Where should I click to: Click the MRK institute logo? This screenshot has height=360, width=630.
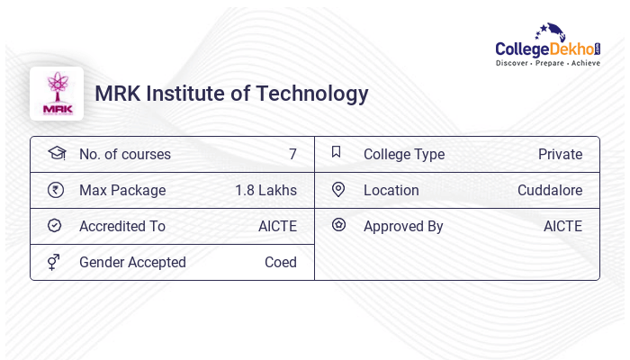pyautogui.click(x=56, y=94)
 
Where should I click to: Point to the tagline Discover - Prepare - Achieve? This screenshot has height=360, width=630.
pyautogui.click(x=547, y=64)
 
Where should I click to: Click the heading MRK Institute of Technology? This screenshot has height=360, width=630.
pyautogui.click(x=231, y=94)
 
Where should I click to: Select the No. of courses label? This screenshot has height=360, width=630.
pyautogui.click(x=124, y=154)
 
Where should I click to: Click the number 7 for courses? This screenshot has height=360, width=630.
pyautogui.click(x=292, y=154)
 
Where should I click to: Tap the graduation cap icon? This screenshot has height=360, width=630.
pyautogui.click(x=56, y=153)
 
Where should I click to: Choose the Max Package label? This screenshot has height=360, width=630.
pyautogui.click(x=122, y=190)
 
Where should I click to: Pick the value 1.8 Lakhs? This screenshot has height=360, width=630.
pyautogui.click(x=265, y=190)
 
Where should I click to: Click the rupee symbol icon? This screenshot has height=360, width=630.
pyautogui.click(x=55, y=190)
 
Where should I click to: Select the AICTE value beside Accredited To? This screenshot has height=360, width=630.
pyautogui.click(x=277, y=226)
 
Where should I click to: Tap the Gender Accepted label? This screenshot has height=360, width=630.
pyautogui.click(x=132, y=262)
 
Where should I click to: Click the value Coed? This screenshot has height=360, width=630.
pyautogui.click(x=280, y=262)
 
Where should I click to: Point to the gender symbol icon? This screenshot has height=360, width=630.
pyautogui.click(x=55, y=262)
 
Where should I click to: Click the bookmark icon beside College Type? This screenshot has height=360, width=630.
pyautogui.click(x=337, y=153)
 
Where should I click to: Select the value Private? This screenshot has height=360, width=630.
pyautogui.click(x=560, y=154)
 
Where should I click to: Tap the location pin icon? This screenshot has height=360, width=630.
pyautogui.click(x=338, y=190)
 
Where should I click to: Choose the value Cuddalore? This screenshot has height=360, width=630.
pyautogui.click(x=549, y=190)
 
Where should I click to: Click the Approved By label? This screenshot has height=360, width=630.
pyautogui.click(x=403, y=226)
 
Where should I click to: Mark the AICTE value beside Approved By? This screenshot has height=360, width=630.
pyautogui.click(x=562, y=226)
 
